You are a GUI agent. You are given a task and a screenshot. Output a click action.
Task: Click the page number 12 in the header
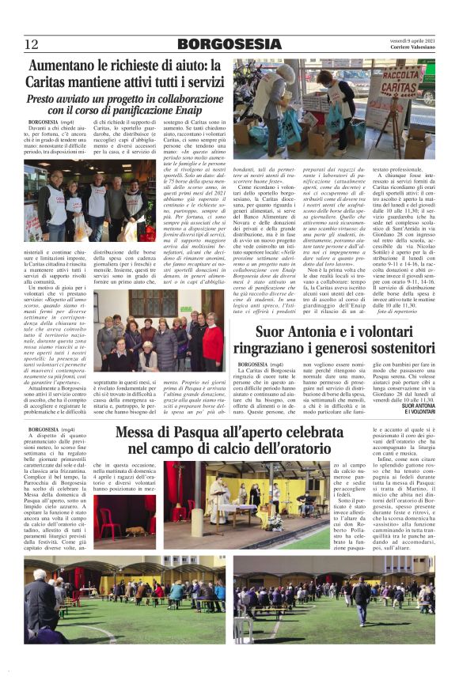32,44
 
